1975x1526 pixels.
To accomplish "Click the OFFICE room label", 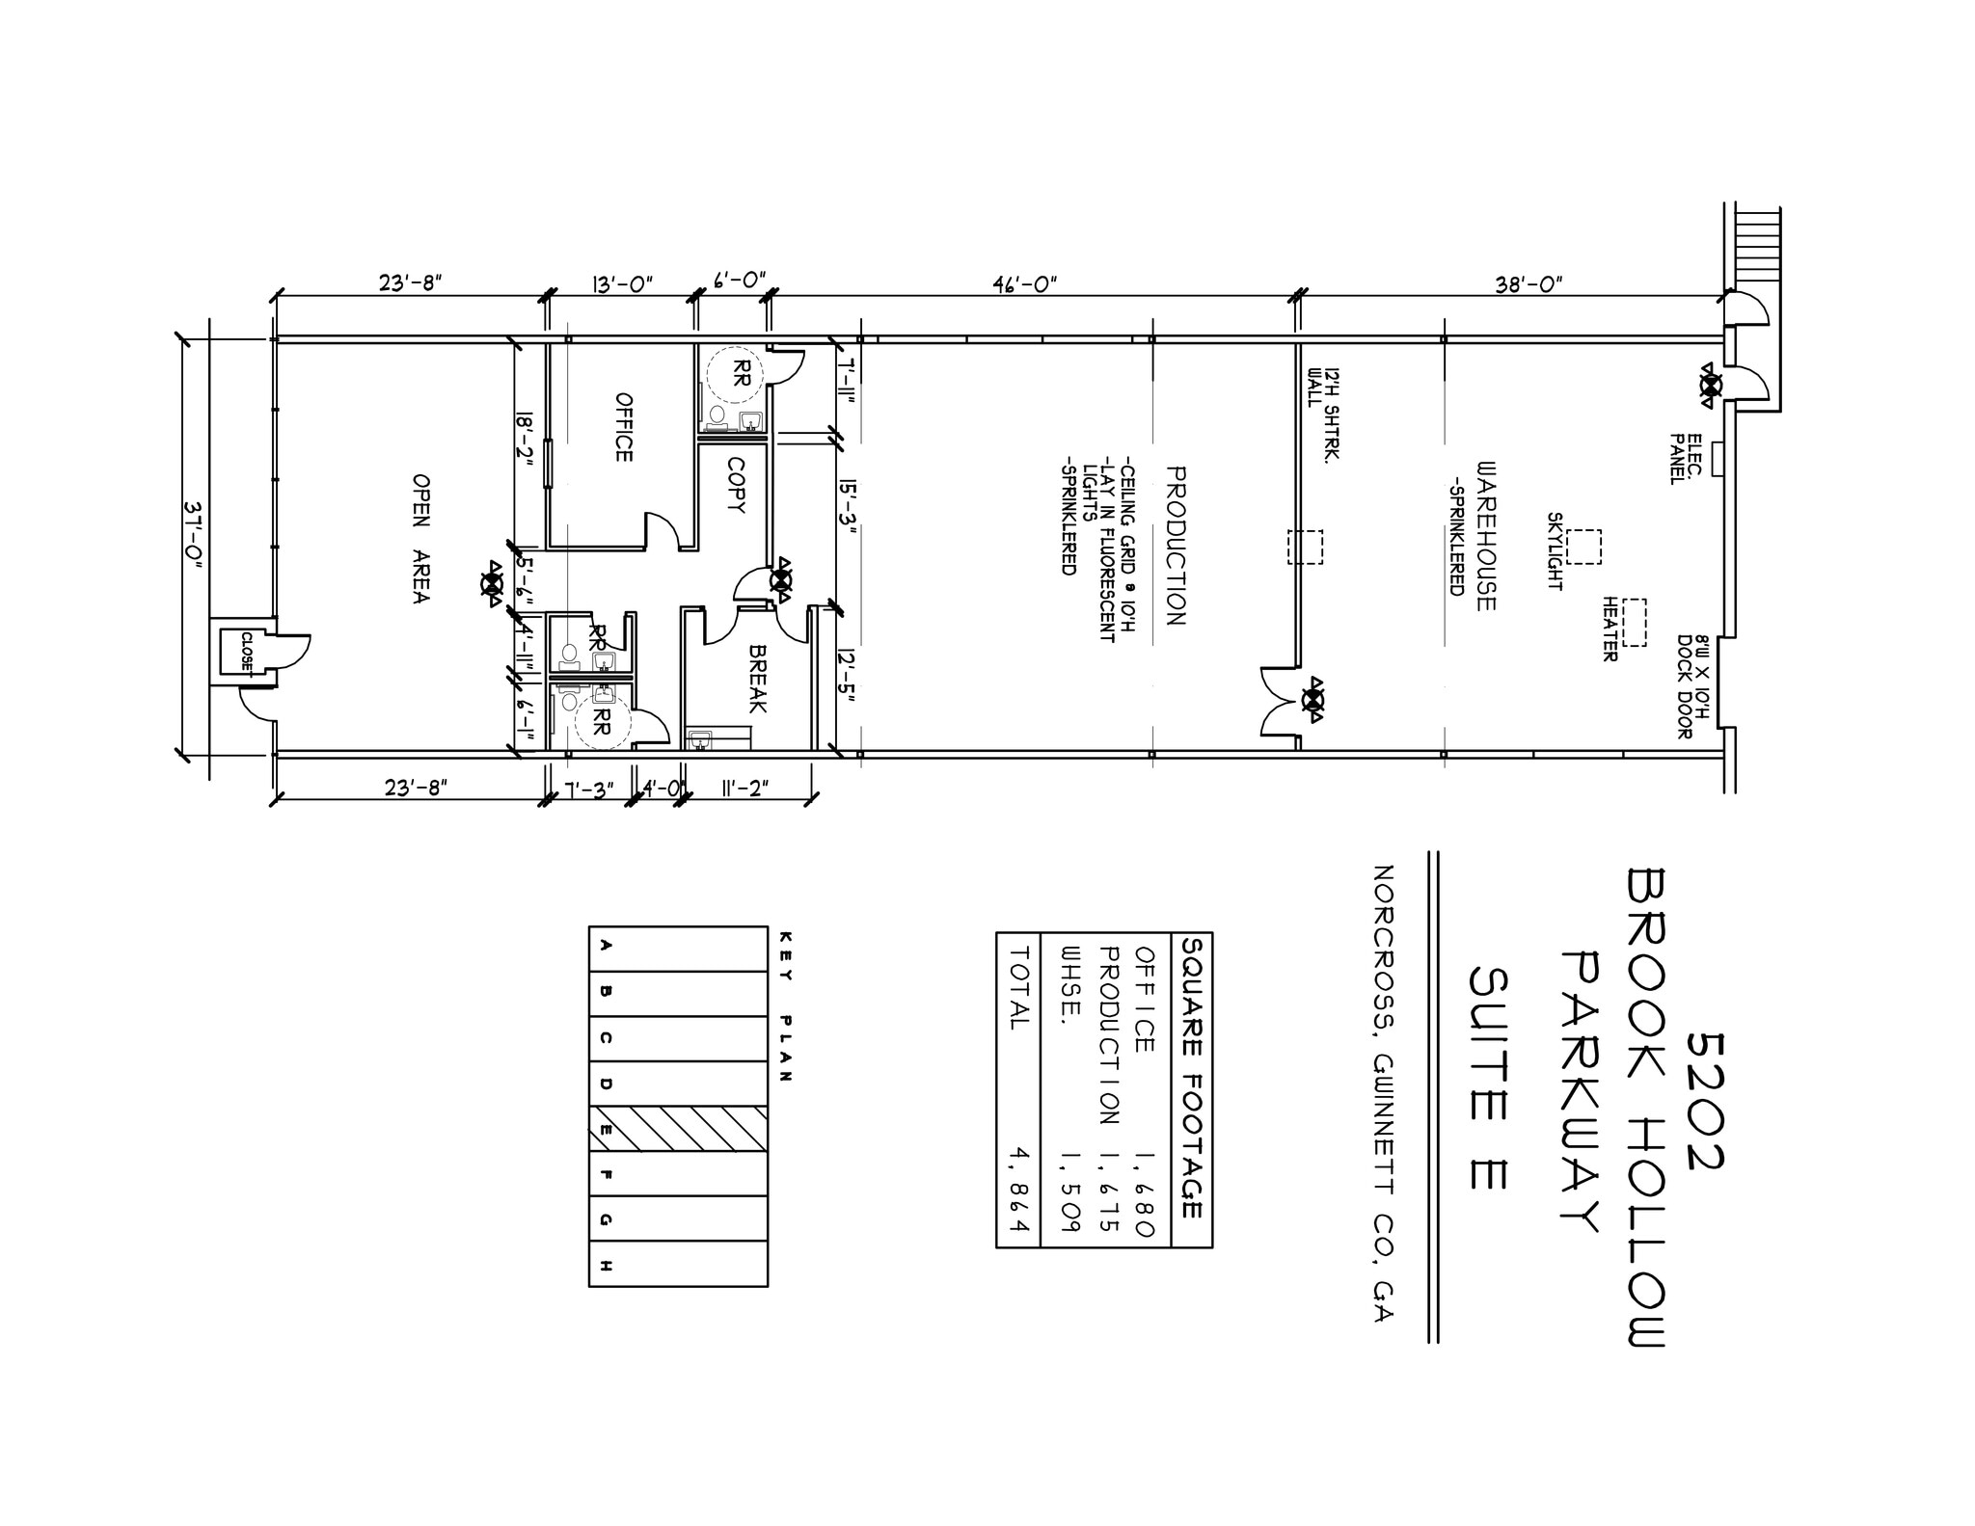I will point(624,427).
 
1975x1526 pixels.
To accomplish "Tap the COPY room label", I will point(736,485).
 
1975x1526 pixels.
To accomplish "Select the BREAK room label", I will point(757,679).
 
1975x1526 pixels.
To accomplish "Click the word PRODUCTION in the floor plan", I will point(1175,546).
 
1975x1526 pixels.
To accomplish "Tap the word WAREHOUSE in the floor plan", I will point(1486,535).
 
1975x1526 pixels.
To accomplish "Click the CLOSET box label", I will point(247,653).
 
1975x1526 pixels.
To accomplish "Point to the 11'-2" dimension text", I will point(745,789).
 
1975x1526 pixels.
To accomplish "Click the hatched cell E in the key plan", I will point(678,1129).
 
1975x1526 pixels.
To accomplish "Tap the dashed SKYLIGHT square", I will point(1583,547).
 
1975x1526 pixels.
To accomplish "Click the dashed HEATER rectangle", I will point(1634,623).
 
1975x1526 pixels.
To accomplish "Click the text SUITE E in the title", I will point(1488,1077).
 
